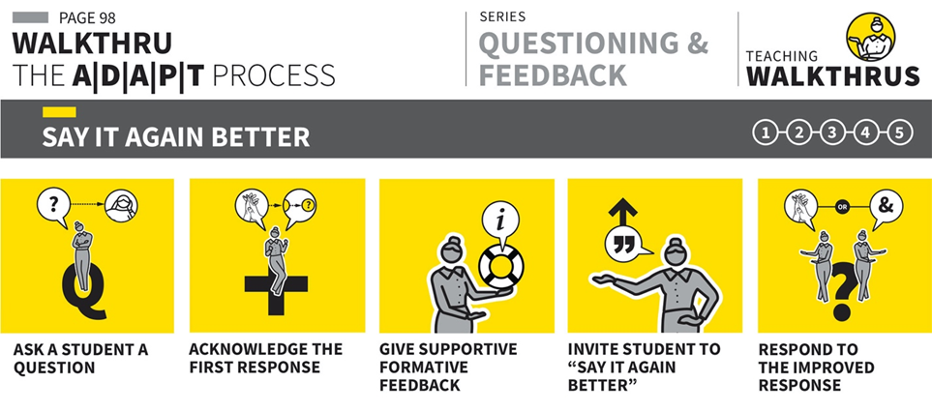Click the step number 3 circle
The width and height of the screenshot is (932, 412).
pyautogui.click(x=832, y=133)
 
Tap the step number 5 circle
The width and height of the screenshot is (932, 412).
pyautogui.click(x=900, y=133)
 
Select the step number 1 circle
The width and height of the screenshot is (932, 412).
pyautogui.click(x=765, y=133)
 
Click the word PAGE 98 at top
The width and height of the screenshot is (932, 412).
pyautogui.click(x=87, y=17)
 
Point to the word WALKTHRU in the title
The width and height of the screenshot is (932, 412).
pyautogui.click(x=92, y=44)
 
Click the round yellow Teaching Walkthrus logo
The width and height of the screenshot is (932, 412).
pyautogui.click(x=871, y=37)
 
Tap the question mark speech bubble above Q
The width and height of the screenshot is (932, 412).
pyautogui.click(x=54, y=206)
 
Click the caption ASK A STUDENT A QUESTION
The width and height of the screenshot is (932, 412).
pyautogui.click(x=80, y=359)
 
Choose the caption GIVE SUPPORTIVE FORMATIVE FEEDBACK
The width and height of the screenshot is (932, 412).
pyautogui.click(x=448, y=367)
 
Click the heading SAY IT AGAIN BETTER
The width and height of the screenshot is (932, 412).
pyautogui.click(x=176, y=137)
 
